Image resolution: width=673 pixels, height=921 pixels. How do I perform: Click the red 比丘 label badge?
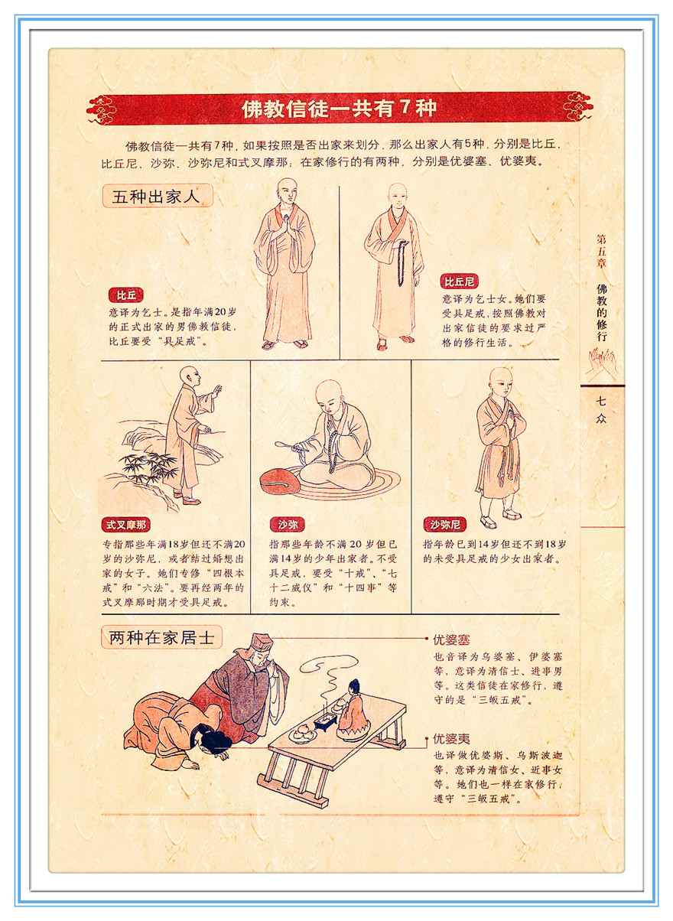(125, 295)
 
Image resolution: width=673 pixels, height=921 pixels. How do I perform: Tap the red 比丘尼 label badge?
(459, 282)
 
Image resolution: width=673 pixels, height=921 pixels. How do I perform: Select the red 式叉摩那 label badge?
(125, 525)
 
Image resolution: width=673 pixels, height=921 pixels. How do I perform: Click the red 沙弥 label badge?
(287, 525)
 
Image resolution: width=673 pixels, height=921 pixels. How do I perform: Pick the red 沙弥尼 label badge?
(445, 525)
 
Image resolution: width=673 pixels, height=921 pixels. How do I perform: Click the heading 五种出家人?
(157, 196)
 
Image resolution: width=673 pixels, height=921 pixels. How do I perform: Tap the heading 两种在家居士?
(161, 637)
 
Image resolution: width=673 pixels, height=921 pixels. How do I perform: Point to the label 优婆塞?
(450, 639)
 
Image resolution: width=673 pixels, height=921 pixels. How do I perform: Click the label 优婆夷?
(450, 739)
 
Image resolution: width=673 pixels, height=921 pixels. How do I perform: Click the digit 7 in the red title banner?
(405, 107)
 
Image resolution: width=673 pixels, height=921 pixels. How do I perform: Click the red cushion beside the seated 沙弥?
(281, 481)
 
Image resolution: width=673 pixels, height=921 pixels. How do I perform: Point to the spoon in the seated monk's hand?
(289, 446)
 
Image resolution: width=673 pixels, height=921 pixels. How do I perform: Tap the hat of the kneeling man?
(259, 644)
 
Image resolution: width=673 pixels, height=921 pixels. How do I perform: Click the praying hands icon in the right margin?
(602, 363)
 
